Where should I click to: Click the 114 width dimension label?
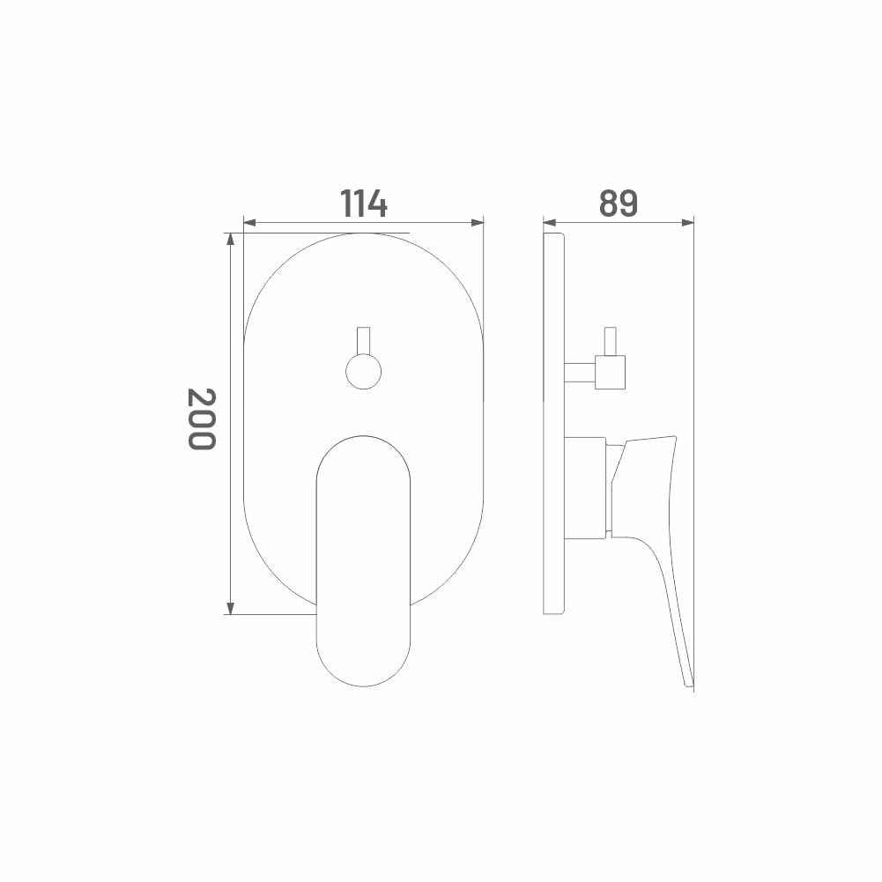pyautogui.click(x=363, y=203)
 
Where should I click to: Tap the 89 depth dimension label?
pyautogui.click(x=619, y=203)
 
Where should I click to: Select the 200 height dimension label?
pyautogui.click(x=202, y=419)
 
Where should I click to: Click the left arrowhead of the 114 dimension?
pyautogui.click(x=249, y=223)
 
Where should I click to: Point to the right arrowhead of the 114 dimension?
pyautogui.click(x=477, y=223)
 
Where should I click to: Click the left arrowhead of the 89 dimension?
pyautogui.click(x=550, y=223)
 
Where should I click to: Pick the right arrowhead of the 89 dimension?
pyautogui.click(x=686, y=223)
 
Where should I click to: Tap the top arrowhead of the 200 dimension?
pyautogui.click(x=230, y=241)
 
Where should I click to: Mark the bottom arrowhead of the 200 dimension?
pyautogui.click(x=230, y=607)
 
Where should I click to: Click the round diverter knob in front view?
pyautogui.click(x=363, y=371)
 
